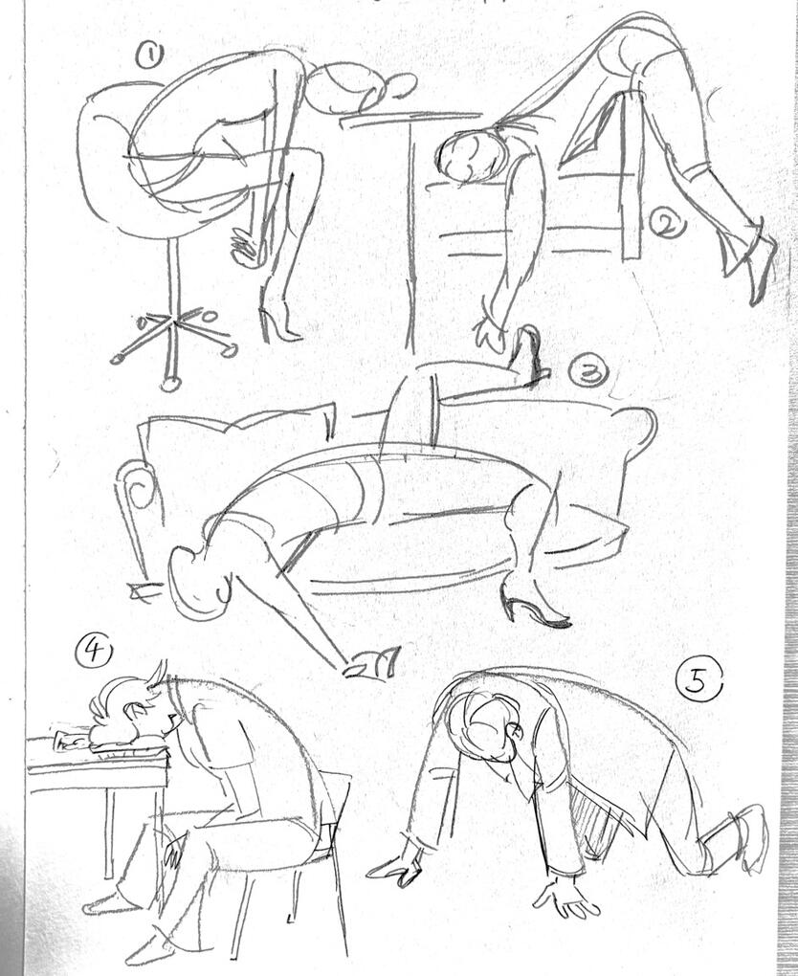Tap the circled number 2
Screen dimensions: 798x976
click(x=667, y=223)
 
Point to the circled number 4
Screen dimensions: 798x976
click(x=94, y=652)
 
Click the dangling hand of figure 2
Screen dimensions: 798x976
click(x=491, y=330)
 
